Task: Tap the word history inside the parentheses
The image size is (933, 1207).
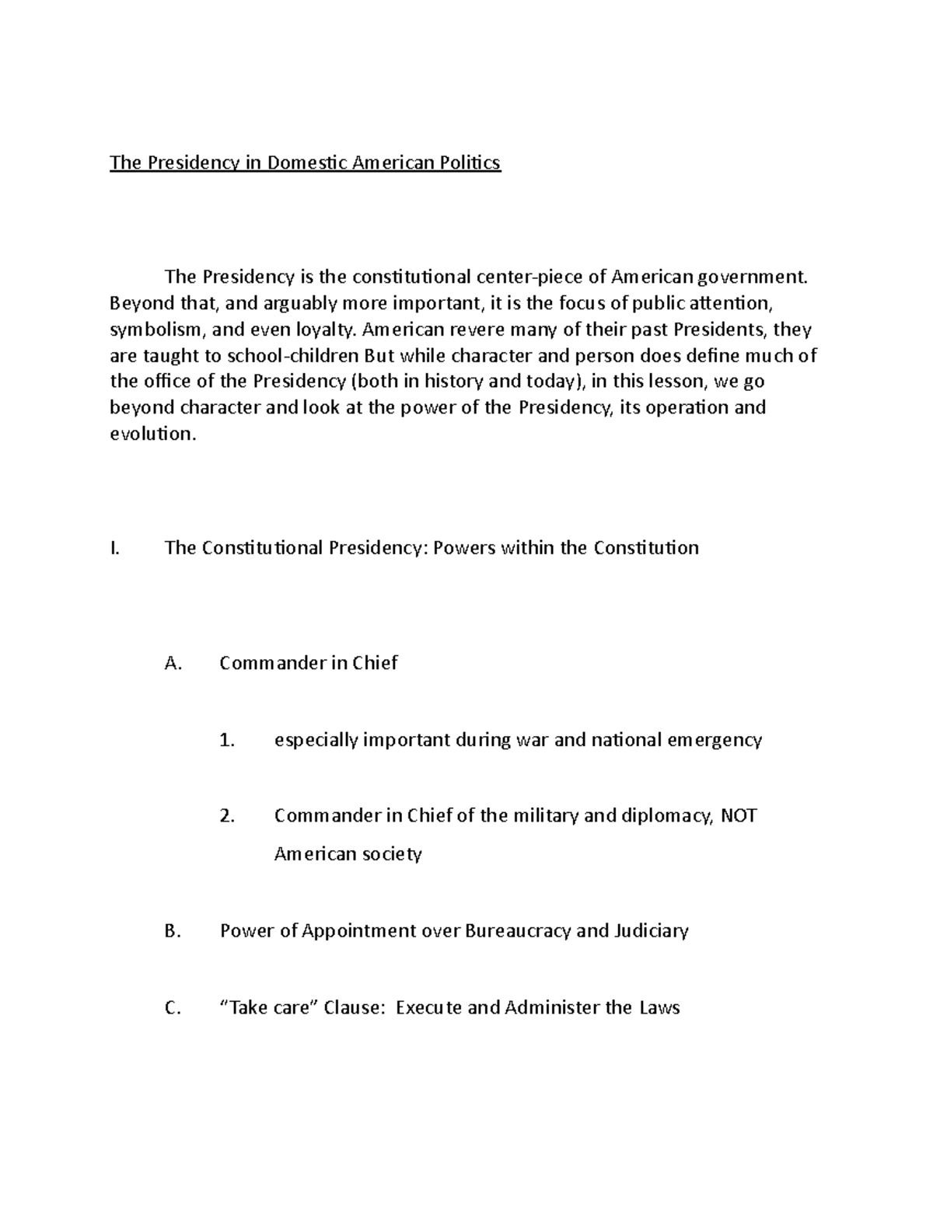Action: [x=450, y=382]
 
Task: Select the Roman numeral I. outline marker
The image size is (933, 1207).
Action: [x=115, y=548]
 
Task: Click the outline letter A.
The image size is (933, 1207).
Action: [x=173, y=663]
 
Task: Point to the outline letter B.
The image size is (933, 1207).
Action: [x=173, y=931]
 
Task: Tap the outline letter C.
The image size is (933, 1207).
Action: [x=173, y=1008]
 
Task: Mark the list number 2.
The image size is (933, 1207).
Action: [x=227, y=816]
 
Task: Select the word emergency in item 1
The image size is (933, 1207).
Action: [x=715, y=740]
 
